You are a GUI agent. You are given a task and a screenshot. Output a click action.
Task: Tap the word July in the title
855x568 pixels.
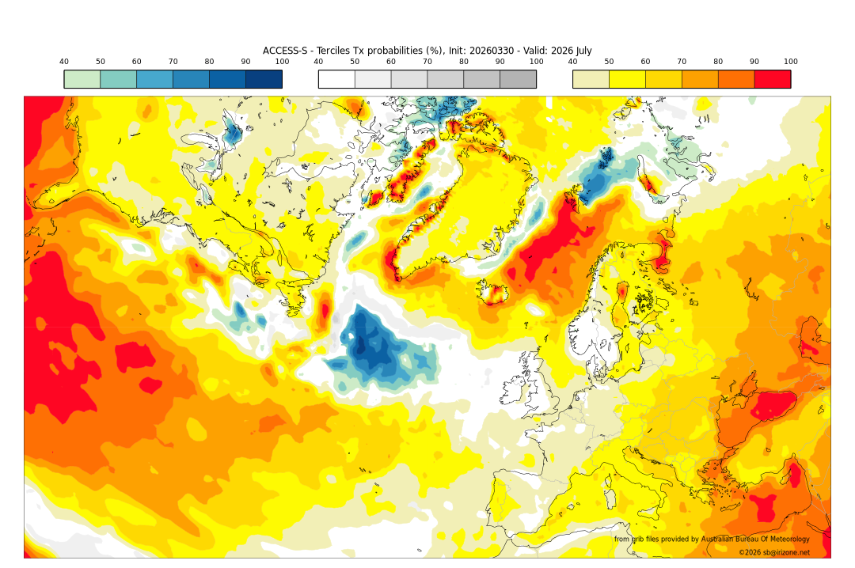579,51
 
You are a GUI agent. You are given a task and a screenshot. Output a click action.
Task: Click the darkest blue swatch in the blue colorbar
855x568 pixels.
264,79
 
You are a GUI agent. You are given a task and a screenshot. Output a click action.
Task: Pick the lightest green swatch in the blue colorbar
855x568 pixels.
82,79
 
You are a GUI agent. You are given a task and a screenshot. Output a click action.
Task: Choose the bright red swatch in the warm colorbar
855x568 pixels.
772,79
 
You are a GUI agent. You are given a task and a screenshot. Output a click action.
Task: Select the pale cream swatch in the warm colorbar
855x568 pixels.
591,79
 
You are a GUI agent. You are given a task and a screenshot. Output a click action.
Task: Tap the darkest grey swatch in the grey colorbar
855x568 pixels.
518,79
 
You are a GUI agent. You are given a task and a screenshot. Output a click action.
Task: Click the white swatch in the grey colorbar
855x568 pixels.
336,79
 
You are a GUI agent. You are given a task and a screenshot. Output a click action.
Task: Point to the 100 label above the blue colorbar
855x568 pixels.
282,62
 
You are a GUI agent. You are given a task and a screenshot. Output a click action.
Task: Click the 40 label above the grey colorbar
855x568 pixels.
318,62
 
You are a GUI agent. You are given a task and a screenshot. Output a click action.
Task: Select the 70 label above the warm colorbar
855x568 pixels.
682,62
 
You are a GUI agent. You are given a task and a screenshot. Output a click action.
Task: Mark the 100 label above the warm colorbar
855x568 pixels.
790,62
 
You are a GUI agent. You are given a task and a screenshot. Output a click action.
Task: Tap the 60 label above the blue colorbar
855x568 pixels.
137,62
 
